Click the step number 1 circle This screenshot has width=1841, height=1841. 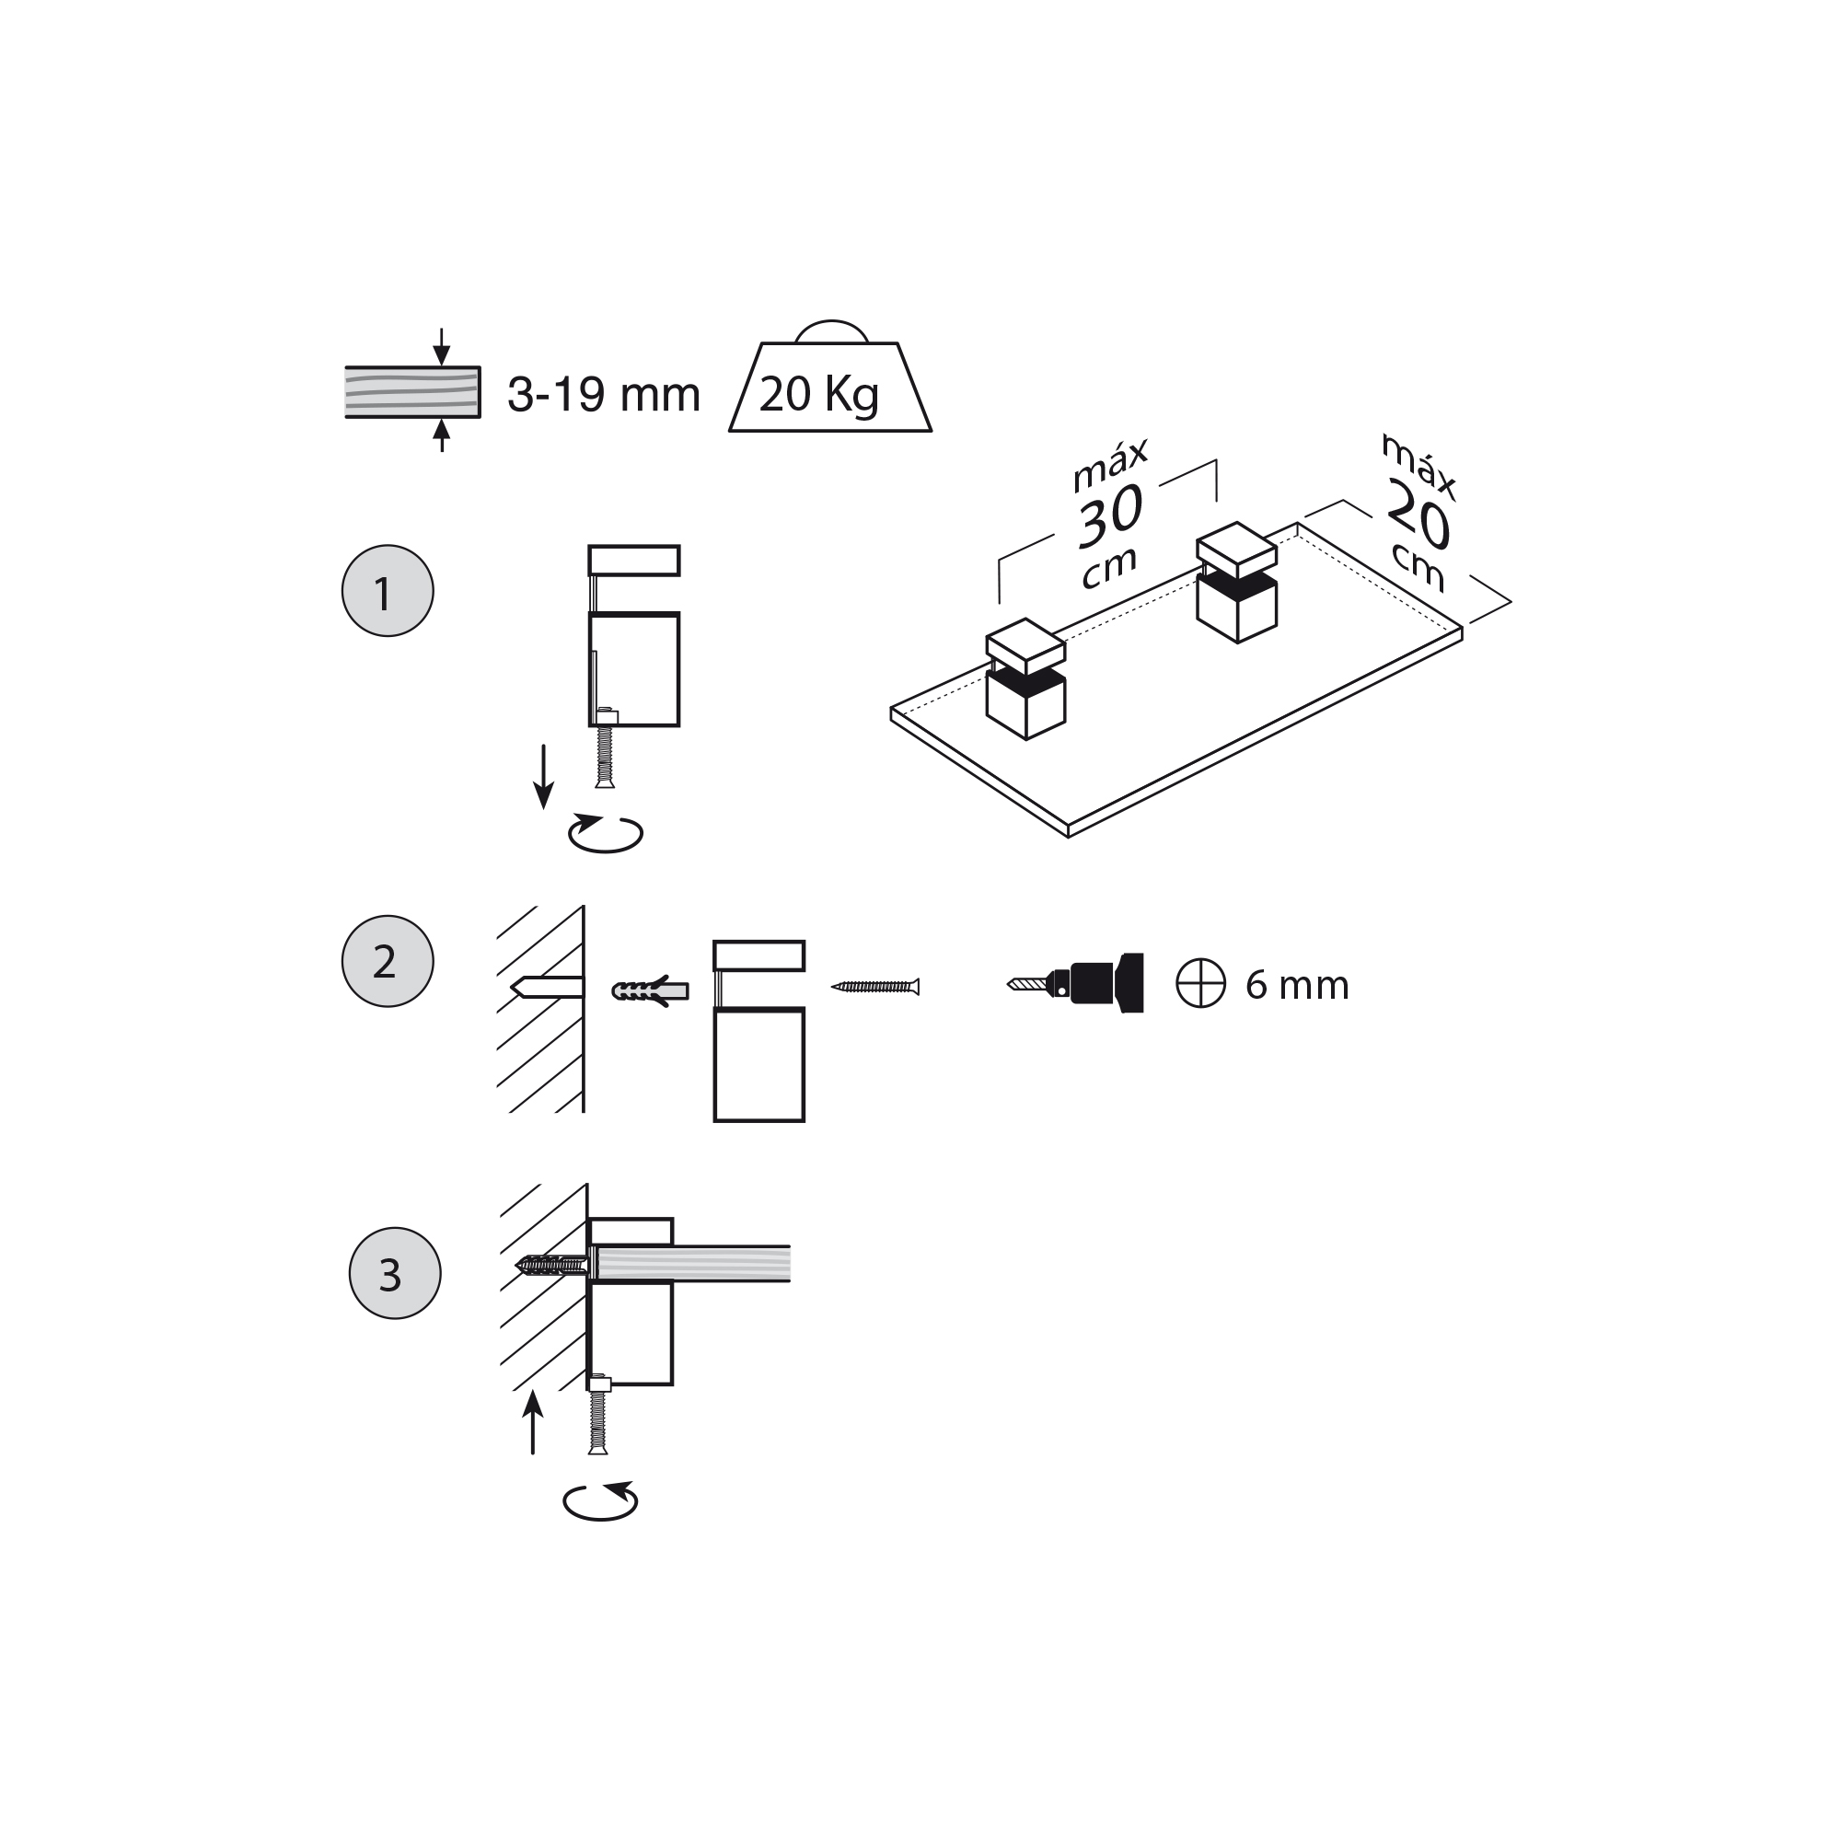[x=387, y=591]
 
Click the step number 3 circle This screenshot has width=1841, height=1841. [x=395, y=1273]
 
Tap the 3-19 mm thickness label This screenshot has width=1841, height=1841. [x=603, y=395]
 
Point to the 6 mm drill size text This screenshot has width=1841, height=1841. [x=1296, y=984]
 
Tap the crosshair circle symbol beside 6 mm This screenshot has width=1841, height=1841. [x=1199, y=982]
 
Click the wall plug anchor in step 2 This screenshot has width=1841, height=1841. [x=650, y=991]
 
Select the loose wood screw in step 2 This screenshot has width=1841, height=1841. [x=875, y=986]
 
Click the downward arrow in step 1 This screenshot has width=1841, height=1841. [x=543, y=777]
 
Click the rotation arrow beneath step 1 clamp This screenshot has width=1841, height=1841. [x=605, y=833]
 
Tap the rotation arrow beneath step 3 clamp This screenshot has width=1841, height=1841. [x=600, y=1500]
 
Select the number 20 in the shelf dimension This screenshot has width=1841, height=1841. [x=1418, y=515]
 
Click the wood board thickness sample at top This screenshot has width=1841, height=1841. [x=411, y=391]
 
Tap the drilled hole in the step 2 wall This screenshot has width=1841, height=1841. [x=548, y=987]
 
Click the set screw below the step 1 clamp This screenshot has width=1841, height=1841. [x=604, y=757]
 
